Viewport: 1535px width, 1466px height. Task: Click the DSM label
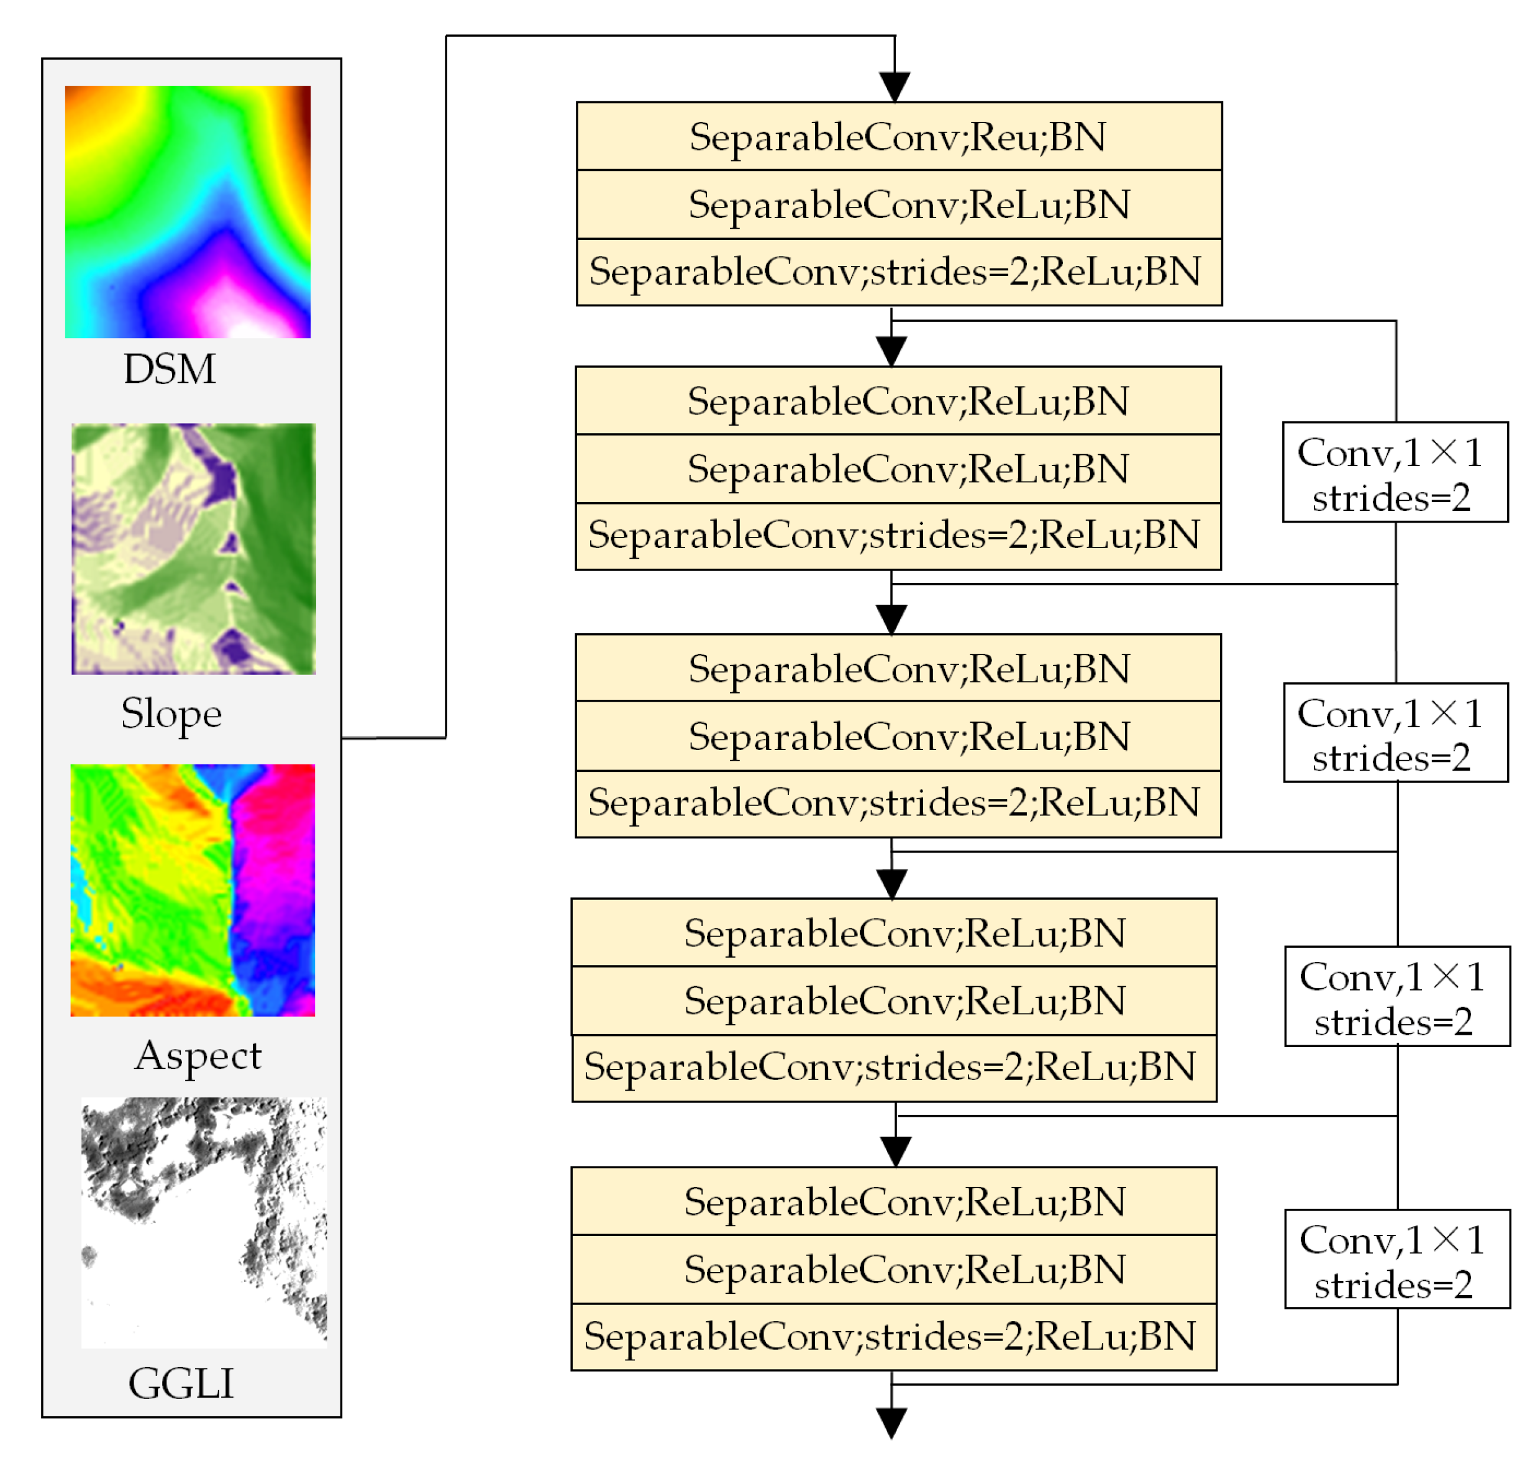tap(169, 369)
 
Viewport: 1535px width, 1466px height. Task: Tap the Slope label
tap(171, 713)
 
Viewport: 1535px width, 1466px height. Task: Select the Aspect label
tap(198, 1055)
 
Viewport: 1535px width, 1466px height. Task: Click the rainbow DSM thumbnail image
tap(188, 212)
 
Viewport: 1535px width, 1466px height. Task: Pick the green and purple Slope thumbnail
tap(194, 549)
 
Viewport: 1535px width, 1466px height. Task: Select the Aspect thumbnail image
tap(192, 889)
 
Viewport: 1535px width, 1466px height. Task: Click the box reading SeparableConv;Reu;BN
tap(898, 137)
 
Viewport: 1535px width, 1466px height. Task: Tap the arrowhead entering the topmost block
tap(895, 86)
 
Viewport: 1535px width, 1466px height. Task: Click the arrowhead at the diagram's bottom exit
tap(891, 1422)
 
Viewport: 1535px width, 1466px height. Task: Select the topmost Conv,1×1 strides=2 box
tap(1395, 472)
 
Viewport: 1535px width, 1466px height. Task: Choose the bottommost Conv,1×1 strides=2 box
tap(1396, 1259)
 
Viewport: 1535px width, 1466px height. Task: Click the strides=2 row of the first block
tap(898, 272)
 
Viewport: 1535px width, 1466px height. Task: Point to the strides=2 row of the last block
tap(894, 1336)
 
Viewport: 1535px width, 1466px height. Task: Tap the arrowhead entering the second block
tap(891, 350)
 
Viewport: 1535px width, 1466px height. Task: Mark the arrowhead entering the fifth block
tap(895, 1150)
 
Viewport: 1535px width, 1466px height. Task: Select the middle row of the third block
tap(898, 736)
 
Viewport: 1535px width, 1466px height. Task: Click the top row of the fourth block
tap(894, 932)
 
